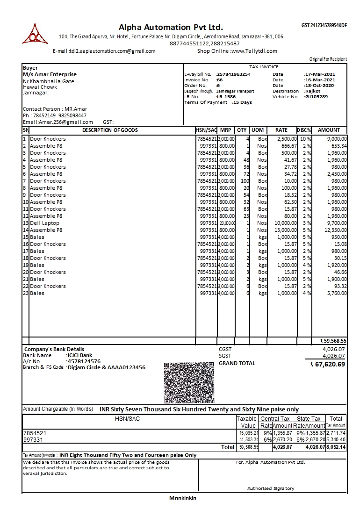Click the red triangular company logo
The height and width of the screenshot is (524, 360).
(35, 34)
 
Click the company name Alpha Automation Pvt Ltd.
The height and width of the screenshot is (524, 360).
(171, 27)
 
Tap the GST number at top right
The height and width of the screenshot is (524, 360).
(324, 25)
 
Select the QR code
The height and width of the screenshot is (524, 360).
(189, 382)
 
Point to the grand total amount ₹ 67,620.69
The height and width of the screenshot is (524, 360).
(328, 364)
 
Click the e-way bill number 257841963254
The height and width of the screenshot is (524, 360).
(233, 74)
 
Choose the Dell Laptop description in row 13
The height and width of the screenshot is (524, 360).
(44, 223)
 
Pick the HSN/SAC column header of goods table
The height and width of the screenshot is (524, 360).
(206, 130)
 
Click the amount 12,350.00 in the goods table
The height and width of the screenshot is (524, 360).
(332, 230)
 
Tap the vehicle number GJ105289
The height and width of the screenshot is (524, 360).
(317, 97)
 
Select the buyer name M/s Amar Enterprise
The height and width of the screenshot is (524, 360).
(50, 74)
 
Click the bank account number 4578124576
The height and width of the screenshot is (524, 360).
(84, 361)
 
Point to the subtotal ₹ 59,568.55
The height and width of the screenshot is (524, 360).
(333, 341)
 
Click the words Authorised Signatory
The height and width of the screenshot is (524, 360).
(271, 488)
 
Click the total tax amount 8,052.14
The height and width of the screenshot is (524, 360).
(336, 447)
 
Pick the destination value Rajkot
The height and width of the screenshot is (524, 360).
(313, 91)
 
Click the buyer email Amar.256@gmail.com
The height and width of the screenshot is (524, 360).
(62, 122)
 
